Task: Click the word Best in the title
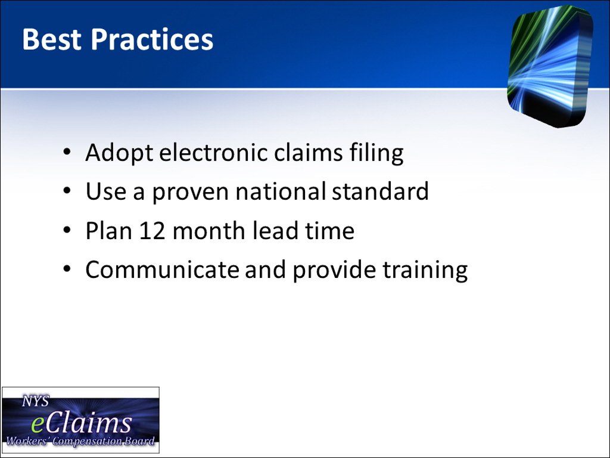[x=52, y=39]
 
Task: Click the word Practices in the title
[x=152, y=39]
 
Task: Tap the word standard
[x=380, y=191]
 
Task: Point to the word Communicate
[x=162, y=270]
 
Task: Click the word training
[x=425, y=270]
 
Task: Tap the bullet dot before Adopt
[x=67, y=151]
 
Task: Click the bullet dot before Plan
[x=67, y=230]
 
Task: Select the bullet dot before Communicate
[x=67, y=269]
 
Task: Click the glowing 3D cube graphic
[x=550, y=66]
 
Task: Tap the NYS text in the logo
[x=36, y=401]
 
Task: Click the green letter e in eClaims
[x=38, y=425]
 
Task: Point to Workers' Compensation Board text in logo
[x=80, y=441]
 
